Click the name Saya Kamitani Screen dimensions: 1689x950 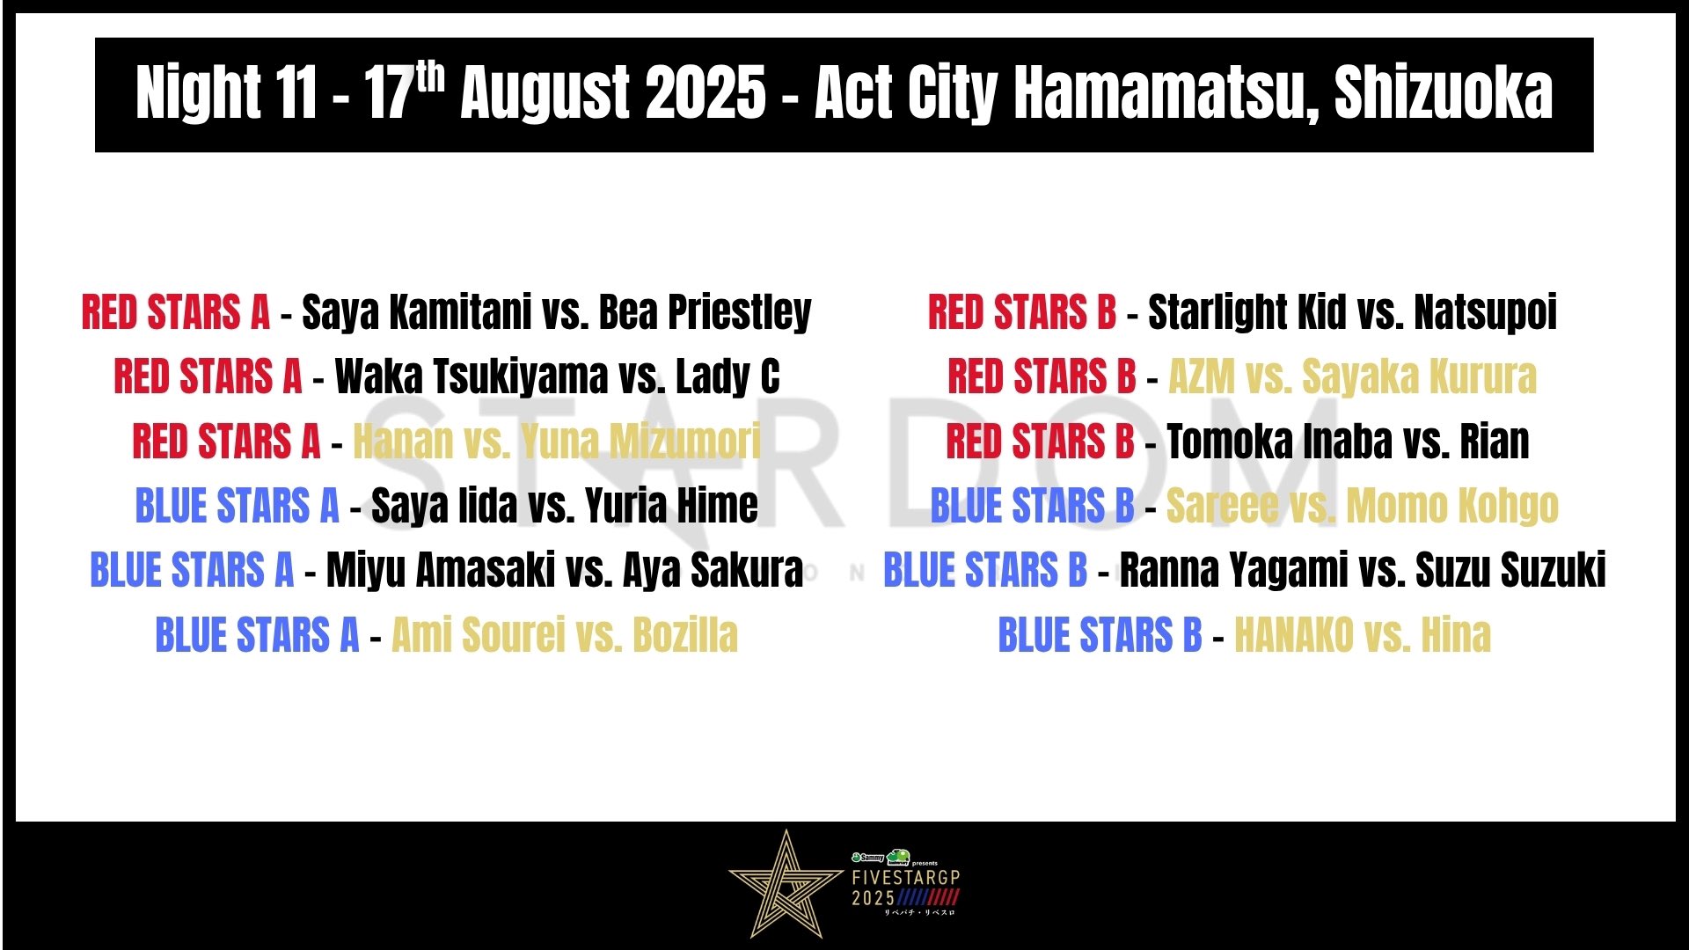417,313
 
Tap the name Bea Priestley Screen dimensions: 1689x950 706,313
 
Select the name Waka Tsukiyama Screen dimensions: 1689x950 472,377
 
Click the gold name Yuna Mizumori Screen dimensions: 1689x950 641,442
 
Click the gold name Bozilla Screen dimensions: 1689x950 685,635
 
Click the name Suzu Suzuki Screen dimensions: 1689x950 1510,570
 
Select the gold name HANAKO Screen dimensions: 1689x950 1294,635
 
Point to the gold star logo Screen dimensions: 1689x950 786,884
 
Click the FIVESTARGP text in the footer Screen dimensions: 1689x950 905,877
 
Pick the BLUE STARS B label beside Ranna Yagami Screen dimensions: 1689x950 985,570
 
